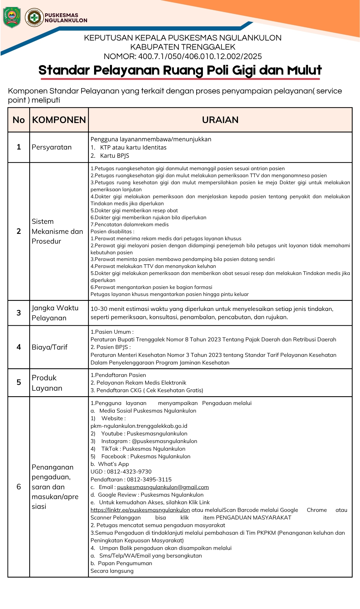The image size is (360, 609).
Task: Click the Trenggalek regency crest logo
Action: click(x=12, y=17)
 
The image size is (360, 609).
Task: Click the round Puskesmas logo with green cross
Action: click(x=34, y=17)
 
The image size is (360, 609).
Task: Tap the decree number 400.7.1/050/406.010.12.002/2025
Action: click(x=200, y=56)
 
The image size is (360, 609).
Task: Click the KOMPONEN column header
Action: click(x=59, y=120)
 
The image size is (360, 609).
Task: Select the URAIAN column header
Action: click(x=220, y=120)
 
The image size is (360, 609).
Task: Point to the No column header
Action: click(x=19, y=120)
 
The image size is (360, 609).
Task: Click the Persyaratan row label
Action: click(x=52, y=147)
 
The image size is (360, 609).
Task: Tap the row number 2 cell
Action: click(x=19, y=231)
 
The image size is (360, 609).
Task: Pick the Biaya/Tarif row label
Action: click(x=50, y=347)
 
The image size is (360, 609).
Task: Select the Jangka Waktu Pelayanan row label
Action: click(x=55, y=313)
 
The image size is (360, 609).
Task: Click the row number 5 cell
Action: click(x=19, y=382)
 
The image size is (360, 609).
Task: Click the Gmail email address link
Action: click(x=163, y=487)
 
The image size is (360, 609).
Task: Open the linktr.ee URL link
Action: click(x=140, y=510)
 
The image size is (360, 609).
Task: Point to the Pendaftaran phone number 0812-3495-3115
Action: click(x=149, y=480)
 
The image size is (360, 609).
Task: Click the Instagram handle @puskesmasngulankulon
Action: click(x=164, y=441)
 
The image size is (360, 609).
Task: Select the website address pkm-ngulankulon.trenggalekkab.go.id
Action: click(x=139, y=426)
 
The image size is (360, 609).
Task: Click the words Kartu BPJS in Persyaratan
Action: click(x=114, y=156)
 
